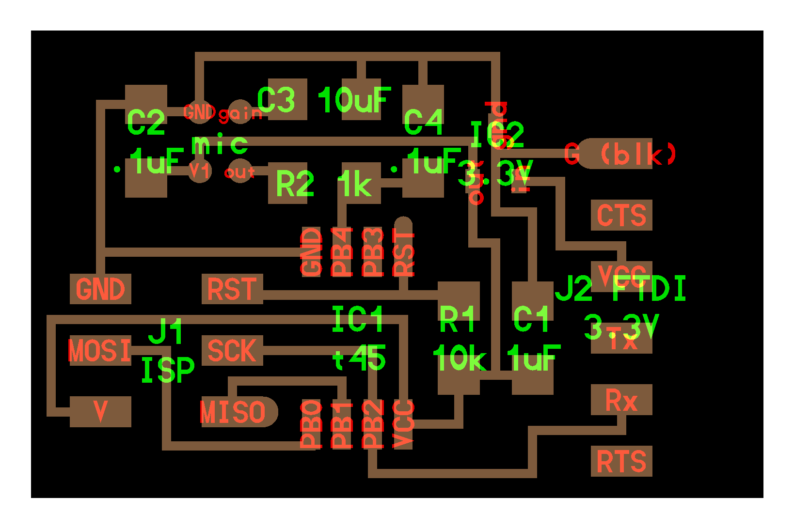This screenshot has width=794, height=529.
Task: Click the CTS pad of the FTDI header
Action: click(x=621, y=215)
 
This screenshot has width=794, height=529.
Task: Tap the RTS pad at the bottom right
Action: click(x=621, y=461)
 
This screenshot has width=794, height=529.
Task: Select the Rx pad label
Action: click(x=621, y=400)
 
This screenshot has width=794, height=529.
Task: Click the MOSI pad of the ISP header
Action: click(x=100, y=350)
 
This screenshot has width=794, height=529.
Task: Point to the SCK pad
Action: click(x=232, y=350)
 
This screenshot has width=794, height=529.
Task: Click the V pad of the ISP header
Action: click(x=100, y=412)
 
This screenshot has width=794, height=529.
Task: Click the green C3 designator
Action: click(x=276, y=100)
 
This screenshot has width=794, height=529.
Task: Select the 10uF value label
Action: click(x=354, y=100)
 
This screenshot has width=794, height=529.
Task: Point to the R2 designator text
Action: click(x=295, y=185)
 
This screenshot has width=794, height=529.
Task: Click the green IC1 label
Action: click(x=358, y=320)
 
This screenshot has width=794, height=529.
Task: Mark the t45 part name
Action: click(x=359, y=359)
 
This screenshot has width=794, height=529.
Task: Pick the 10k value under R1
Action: click(x=459, y=359)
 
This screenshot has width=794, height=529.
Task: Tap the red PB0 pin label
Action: click(x=312, y=424)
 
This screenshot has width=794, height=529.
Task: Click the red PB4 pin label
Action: click(x=342, y=252)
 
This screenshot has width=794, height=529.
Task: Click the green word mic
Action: click(x=220, y=144)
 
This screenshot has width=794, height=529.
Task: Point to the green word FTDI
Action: click(x=649, y=289)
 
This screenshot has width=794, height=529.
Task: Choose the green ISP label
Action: click(x=168, y=371)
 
